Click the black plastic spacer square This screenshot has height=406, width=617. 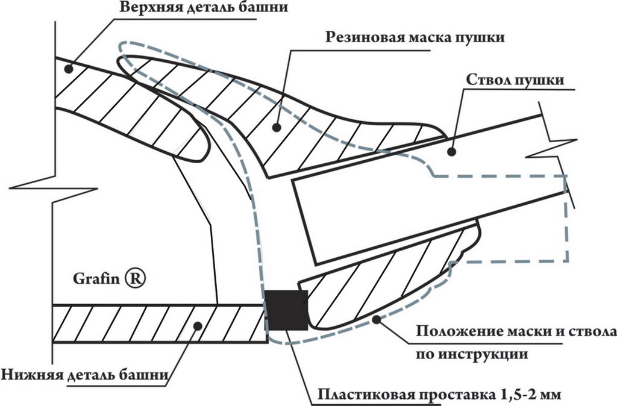click(x=286, y=310)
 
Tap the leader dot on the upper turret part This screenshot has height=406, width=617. click(x=68, y=69)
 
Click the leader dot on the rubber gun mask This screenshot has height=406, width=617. click(x=276, y=127)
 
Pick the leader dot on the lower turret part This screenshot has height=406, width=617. click(x=196, y=325)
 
